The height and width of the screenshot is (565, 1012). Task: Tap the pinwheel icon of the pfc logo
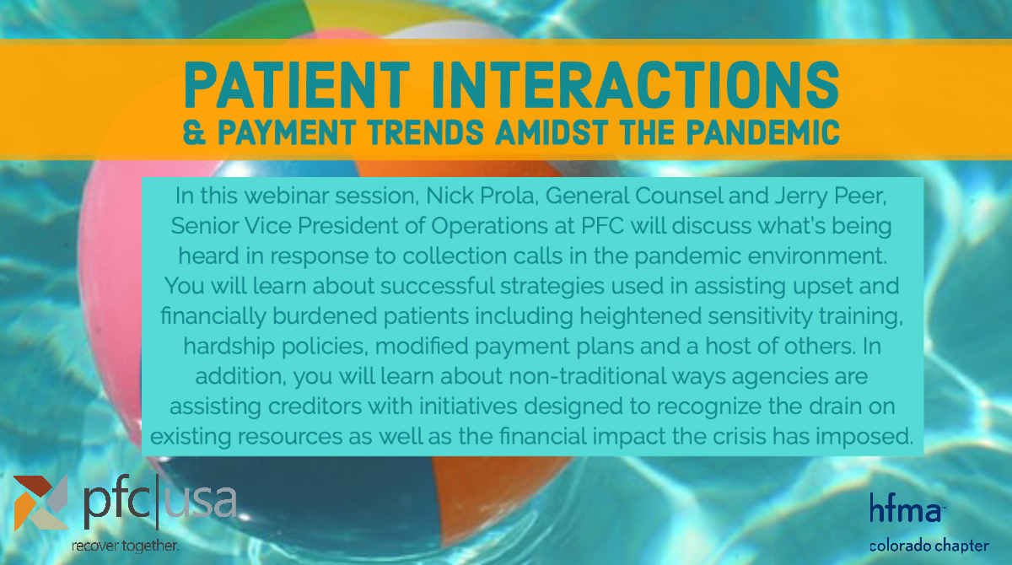coord(40,503)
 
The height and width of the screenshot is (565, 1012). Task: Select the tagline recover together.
coord(124,546)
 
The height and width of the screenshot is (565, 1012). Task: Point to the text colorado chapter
coord(929,545)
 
